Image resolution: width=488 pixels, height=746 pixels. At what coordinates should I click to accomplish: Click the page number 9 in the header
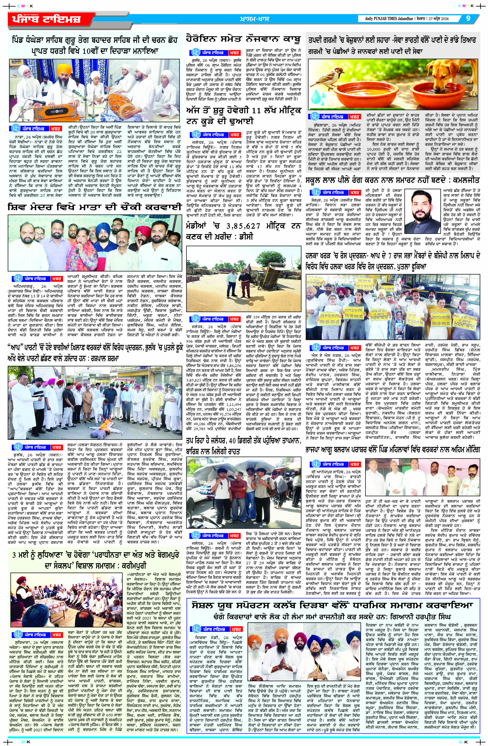[468, 18]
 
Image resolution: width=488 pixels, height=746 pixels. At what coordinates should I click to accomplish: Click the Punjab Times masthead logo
[45, 20]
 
